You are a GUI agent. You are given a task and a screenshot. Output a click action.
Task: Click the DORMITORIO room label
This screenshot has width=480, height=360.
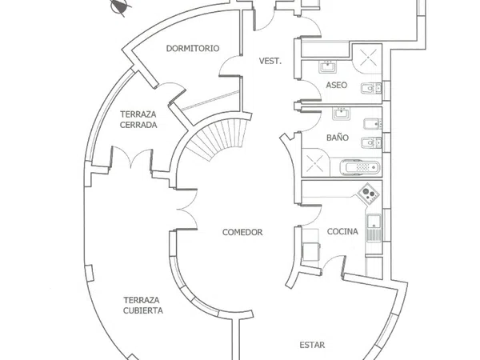pos(193,48)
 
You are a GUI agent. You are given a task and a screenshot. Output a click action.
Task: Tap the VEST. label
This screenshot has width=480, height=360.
pos(270,61)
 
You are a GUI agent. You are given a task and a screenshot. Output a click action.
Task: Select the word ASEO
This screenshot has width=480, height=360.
pos(337,85)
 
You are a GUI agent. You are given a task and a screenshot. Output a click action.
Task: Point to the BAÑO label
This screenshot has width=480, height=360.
pos(338,137)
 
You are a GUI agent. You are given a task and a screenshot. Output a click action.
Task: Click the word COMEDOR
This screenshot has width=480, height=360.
pos(242,232)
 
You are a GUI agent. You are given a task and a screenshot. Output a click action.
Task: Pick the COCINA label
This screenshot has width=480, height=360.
pos(342,231)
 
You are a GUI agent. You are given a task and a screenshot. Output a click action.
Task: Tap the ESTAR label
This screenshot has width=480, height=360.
pos(312,345)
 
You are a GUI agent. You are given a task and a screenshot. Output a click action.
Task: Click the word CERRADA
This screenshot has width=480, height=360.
pos(138,125)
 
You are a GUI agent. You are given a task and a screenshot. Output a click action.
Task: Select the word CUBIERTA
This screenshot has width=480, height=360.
pos(143,310)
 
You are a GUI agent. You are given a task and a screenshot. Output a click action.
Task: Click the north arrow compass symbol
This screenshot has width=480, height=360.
pos(120,6)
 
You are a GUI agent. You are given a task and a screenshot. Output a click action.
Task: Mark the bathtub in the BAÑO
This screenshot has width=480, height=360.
pos(360,167)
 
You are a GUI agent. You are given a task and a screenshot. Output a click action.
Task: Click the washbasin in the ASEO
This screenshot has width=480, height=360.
pos(328,66)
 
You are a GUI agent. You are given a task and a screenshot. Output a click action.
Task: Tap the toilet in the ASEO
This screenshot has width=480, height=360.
pos(371,88)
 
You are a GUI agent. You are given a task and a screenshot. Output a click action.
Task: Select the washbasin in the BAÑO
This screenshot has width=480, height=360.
pos(342,114)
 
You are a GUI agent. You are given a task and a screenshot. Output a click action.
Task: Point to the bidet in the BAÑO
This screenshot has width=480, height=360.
pos(373,124)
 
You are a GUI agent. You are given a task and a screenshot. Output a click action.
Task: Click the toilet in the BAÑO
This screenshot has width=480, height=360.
pos(371,142)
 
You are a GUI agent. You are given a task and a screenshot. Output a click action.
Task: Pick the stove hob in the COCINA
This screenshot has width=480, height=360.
pos(368,194)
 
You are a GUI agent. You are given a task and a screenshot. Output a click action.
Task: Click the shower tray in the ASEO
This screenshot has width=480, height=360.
pos(366,58)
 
